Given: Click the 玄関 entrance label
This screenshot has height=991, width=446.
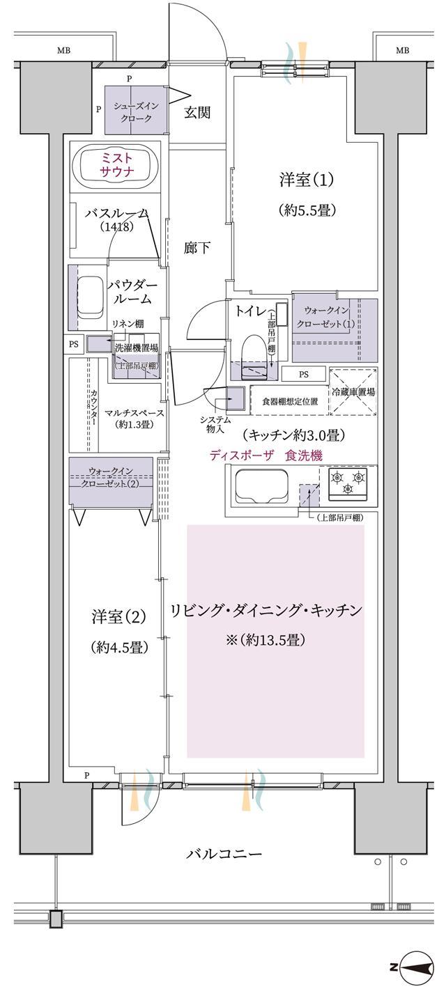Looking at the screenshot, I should [197, 112].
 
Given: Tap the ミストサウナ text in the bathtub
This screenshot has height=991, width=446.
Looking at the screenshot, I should [118, 164].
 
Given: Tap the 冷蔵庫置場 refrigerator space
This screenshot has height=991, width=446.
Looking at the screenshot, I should [353, 392].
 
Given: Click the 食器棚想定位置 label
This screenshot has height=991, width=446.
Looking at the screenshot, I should [290, 402].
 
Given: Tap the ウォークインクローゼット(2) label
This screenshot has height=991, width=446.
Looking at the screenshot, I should [111, 476].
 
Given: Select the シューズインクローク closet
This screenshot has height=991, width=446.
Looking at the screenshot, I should [136, 111].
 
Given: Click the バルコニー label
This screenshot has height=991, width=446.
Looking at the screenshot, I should [224, 853].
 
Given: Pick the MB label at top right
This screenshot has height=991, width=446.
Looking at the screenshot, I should [402, 50].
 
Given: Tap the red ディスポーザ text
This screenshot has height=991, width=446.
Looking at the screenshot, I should [242, 455].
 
